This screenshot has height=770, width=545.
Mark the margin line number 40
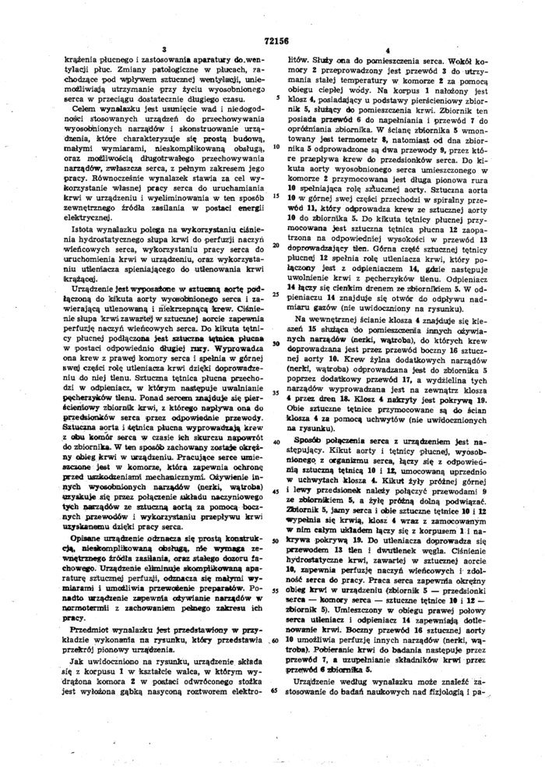(276, 440)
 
